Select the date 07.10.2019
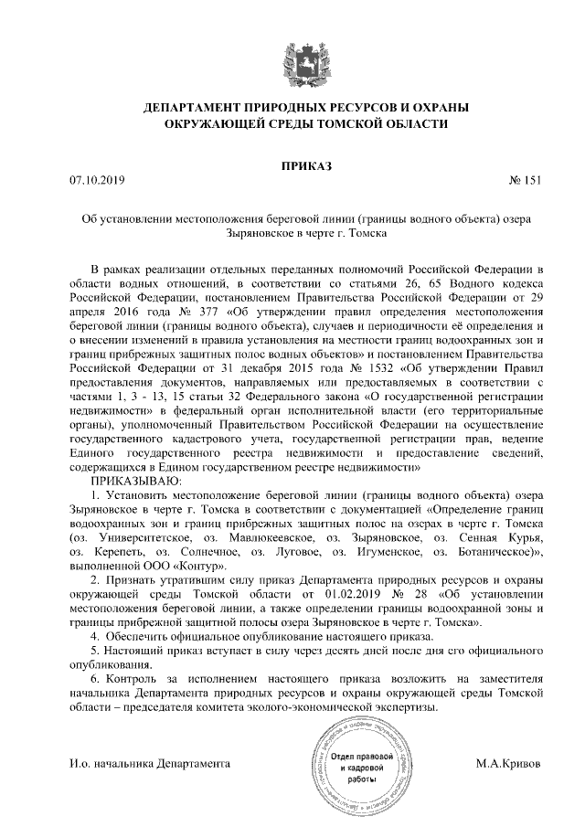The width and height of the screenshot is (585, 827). [96, 180]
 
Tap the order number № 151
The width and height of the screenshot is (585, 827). [524, 180]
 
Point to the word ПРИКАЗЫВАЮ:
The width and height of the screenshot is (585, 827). [135, 481]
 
